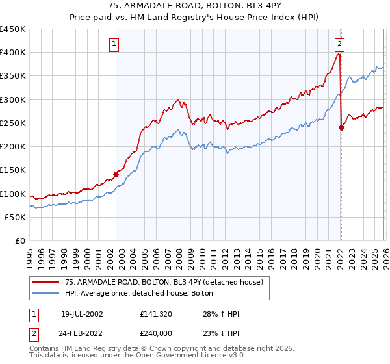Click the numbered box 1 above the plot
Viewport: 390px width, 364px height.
coord(114,44)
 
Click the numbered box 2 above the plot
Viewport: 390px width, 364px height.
coord(339,44)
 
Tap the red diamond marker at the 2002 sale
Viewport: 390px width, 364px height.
coord(116,174)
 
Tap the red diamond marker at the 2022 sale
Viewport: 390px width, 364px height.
coord(341,127)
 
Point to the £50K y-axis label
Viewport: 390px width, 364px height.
coord(16,217)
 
